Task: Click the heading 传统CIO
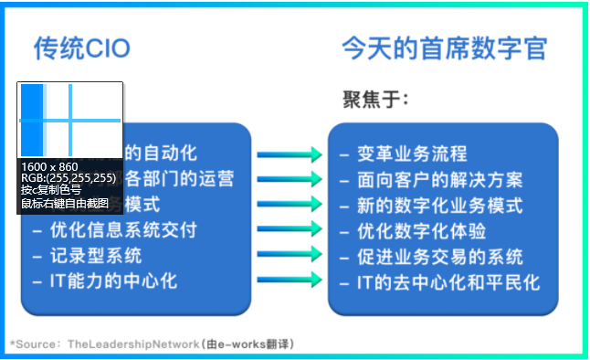click(82, 48)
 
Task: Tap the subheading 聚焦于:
click(375, 99)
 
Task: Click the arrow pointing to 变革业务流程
click(290, 154)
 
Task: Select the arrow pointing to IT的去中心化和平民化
click(290, 281)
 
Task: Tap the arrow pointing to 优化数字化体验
click(290, 230)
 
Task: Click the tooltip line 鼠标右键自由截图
click(65, 202)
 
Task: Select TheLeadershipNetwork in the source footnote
click(132, 344)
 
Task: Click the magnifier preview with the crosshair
click(70, 120)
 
